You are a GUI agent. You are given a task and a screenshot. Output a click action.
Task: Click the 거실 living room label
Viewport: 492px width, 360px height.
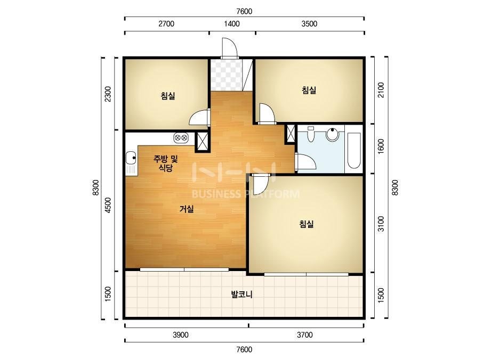click(x=187, y=209)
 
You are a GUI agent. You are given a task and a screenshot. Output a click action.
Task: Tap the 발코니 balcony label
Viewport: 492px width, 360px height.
click(x=241, y=294)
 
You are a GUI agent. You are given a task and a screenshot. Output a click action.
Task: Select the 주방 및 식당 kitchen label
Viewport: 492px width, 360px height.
click(x=165, y=163)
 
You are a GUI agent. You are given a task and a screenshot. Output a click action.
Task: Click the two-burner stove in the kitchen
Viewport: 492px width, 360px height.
click(x=181, y=137)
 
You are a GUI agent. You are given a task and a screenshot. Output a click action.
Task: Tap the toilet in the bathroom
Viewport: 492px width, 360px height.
click(x=311, y=134)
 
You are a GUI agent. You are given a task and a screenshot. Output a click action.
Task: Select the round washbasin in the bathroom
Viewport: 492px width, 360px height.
click(x=332, y=134)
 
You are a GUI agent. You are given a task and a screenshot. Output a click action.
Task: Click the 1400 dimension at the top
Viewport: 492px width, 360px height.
click(x=232, y=24)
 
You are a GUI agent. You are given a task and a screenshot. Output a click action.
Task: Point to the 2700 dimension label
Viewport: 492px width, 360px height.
click(x=166, y=24)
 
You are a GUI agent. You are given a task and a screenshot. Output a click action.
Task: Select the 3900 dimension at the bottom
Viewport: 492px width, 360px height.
click(x=181, y=335)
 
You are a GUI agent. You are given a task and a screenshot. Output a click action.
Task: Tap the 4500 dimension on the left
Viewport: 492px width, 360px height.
click(x=108, y=206)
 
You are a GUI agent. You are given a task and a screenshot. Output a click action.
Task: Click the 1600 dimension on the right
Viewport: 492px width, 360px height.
click(x=381, y=146)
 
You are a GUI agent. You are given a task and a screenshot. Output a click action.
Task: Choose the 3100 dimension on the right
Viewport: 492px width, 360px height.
click(x=381, y=224)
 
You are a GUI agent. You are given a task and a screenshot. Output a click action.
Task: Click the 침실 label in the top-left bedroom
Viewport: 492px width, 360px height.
click(x=168, y=96)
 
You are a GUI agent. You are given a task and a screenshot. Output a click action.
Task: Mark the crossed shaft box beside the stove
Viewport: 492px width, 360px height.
click(x=203, y=142)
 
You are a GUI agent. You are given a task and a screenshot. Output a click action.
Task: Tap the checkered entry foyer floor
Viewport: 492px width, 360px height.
click(x=227, y=75)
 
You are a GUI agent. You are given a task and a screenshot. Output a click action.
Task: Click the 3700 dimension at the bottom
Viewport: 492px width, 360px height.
click(x=305, y=335)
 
